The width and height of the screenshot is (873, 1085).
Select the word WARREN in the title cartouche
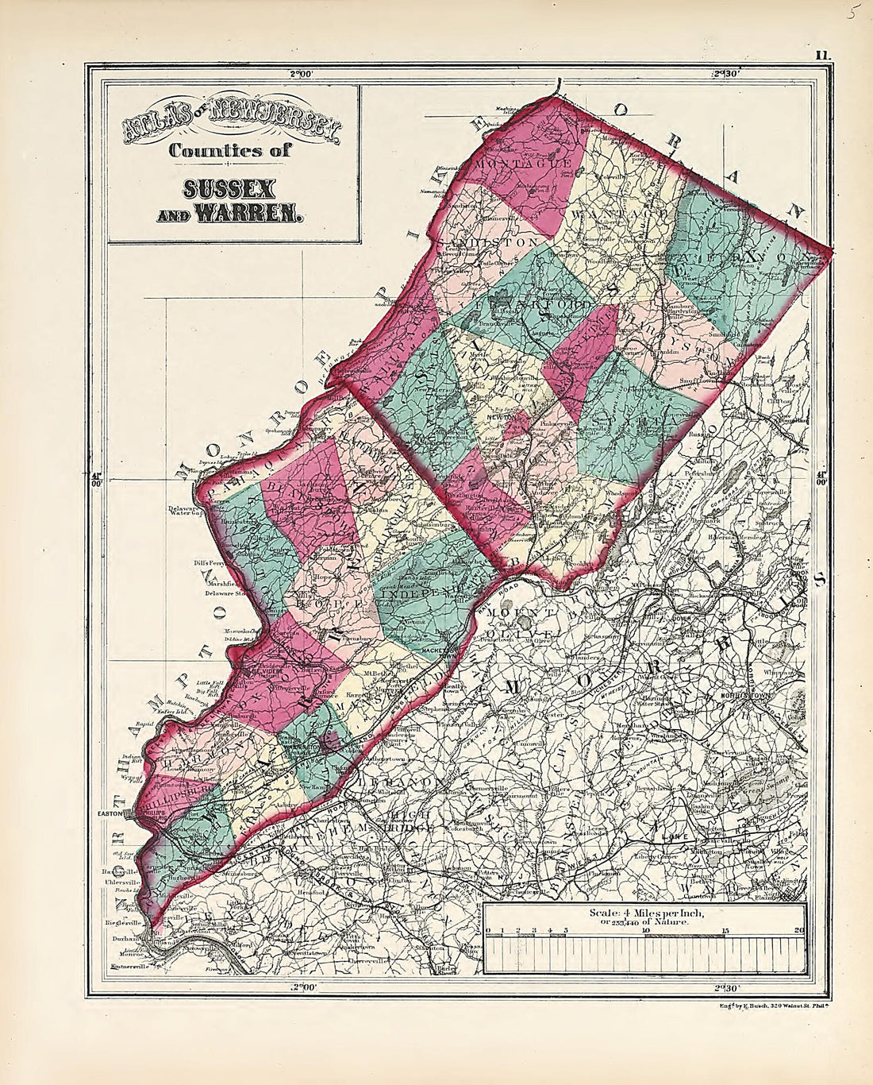pos(256,214)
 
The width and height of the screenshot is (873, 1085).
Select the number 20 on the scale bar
pos(798,930)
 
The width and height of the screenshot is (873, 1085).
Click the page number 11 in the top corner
pos(820,55)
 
